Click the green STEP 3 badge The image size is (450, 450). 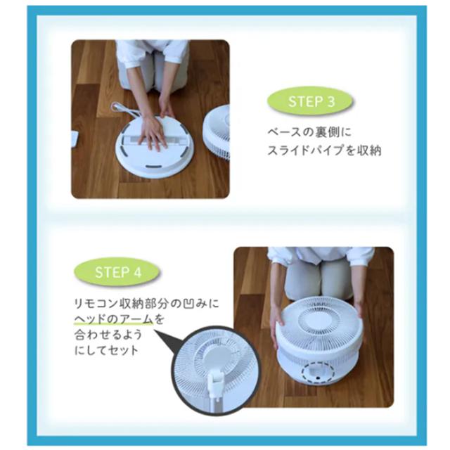tap(310, 101)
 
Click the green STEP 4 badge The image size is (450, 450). tap(117, 272)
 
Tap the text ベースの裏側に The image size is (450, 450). tap(309, 132)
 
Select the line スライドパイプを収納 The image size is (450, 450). tap(324, 150)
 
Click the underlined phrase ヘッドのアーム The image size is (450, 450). tap(114, 319)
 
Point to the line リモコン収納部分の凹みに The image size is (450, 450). tap(146, 303)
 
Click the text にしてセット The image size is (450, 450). tap(106, 350)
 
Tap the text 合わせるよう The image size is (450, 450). tap(108, 335)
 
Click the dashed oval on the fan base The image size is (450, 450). tap(319, 373)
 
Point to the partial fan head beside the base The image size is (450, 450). tap(217, 133)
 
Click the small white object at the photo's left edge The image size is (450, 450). tap(75, 139)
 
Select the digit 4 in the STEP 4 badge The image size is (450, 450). tap(138, 272)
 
